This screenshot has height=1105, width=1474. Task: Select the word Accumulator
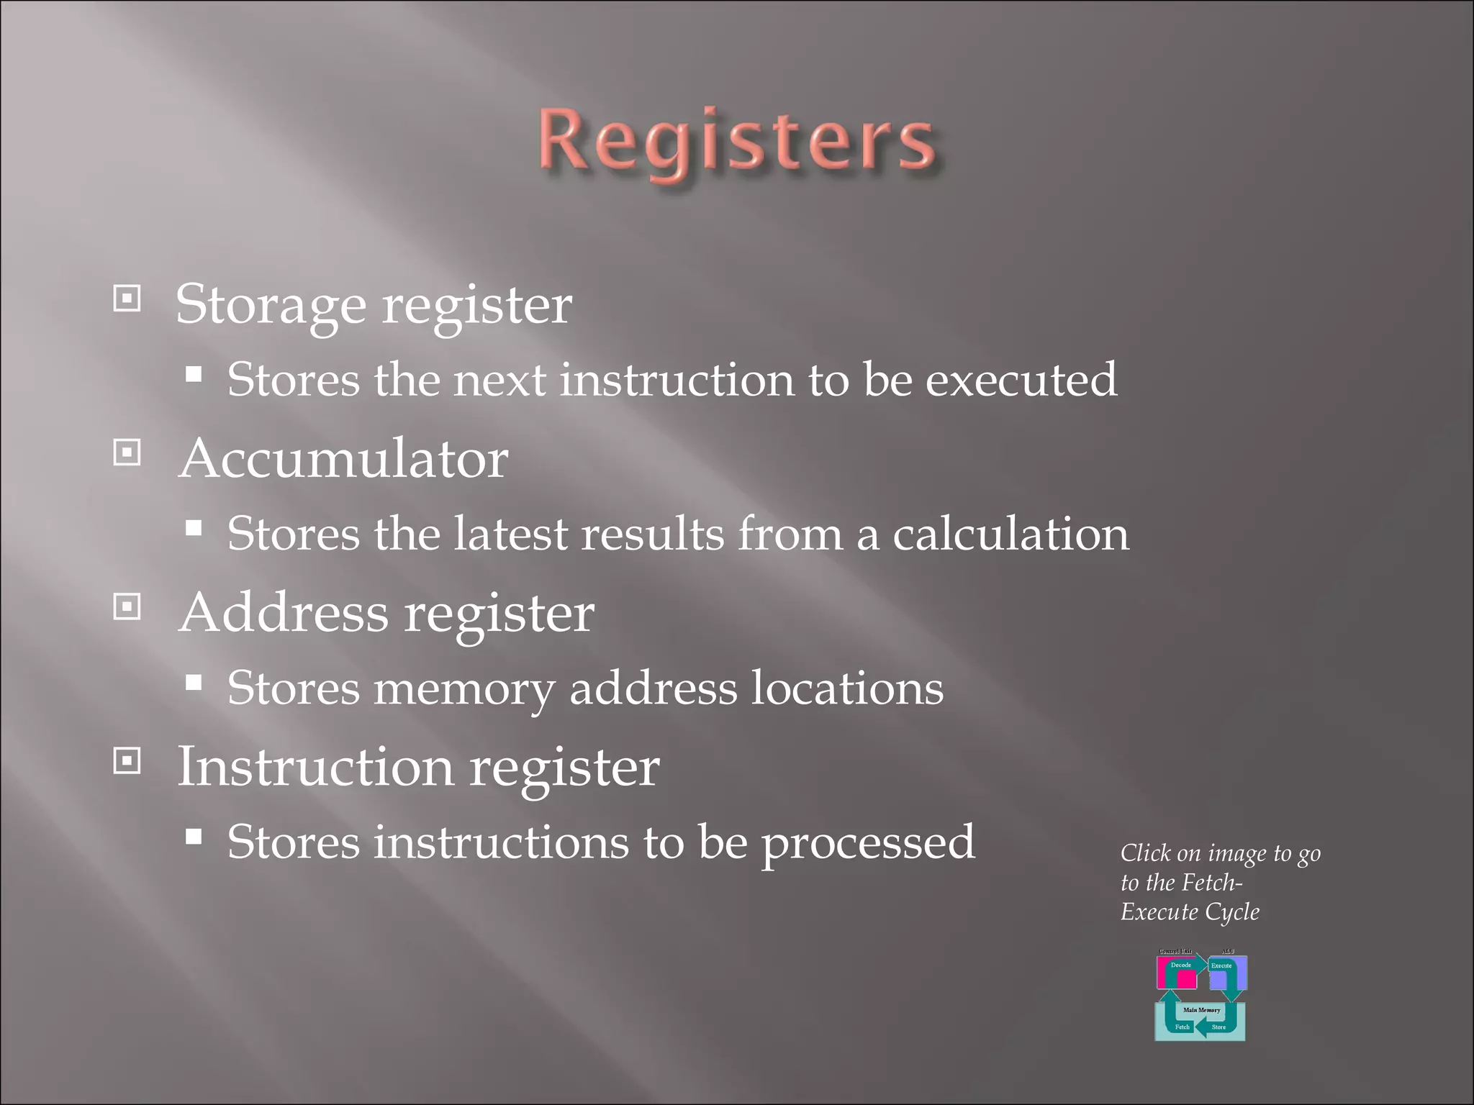pyautogui.click(x=344, y=459)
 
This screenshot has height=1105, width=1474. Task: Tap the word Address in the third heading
pyautogui.click(x=284, y=613)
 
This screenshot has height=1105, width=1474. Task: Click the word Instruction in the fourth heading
pyautogui.click(x=315, y=767)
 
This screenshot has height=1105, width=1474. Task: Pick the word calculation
pyautogui.click(x=1010, y=535)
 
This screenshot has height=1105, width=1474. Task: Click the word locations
pyautogui.click(x=847, y=688)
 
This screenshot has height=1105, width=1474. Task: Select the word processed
pyautogui.click(x=868, y=843)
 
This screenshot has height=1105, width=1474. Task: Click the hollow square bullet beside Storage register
pyautogui.click(x=127, y=298)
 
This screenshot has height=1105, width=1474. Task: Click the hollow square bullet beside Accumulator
pyautogui.click(x=127, y=453)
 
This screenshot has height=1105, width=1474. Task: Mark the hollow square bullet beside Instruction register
pyautogui.click(x=127, y=760)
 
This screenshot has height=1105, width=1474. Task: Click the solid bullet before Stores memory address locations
pyautogui.click(x=193, y=681)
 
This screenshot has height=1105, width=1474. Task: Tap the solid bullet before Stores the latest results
pyautogui.click(x=193, y=527)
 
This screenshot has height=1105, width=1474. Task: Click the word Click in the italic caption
pyautogui.click(x=1146, y=854)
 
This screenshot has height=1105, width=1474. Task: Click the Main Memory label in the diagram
pyautogui.click(x=1201, y=1010)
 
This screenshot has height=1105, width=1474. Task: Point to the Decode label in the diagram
pyautogui.click(x=1180, y=965)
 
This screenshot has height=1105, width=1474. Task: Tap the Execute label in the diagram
pyautogui.click(x=1221, y=965)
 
